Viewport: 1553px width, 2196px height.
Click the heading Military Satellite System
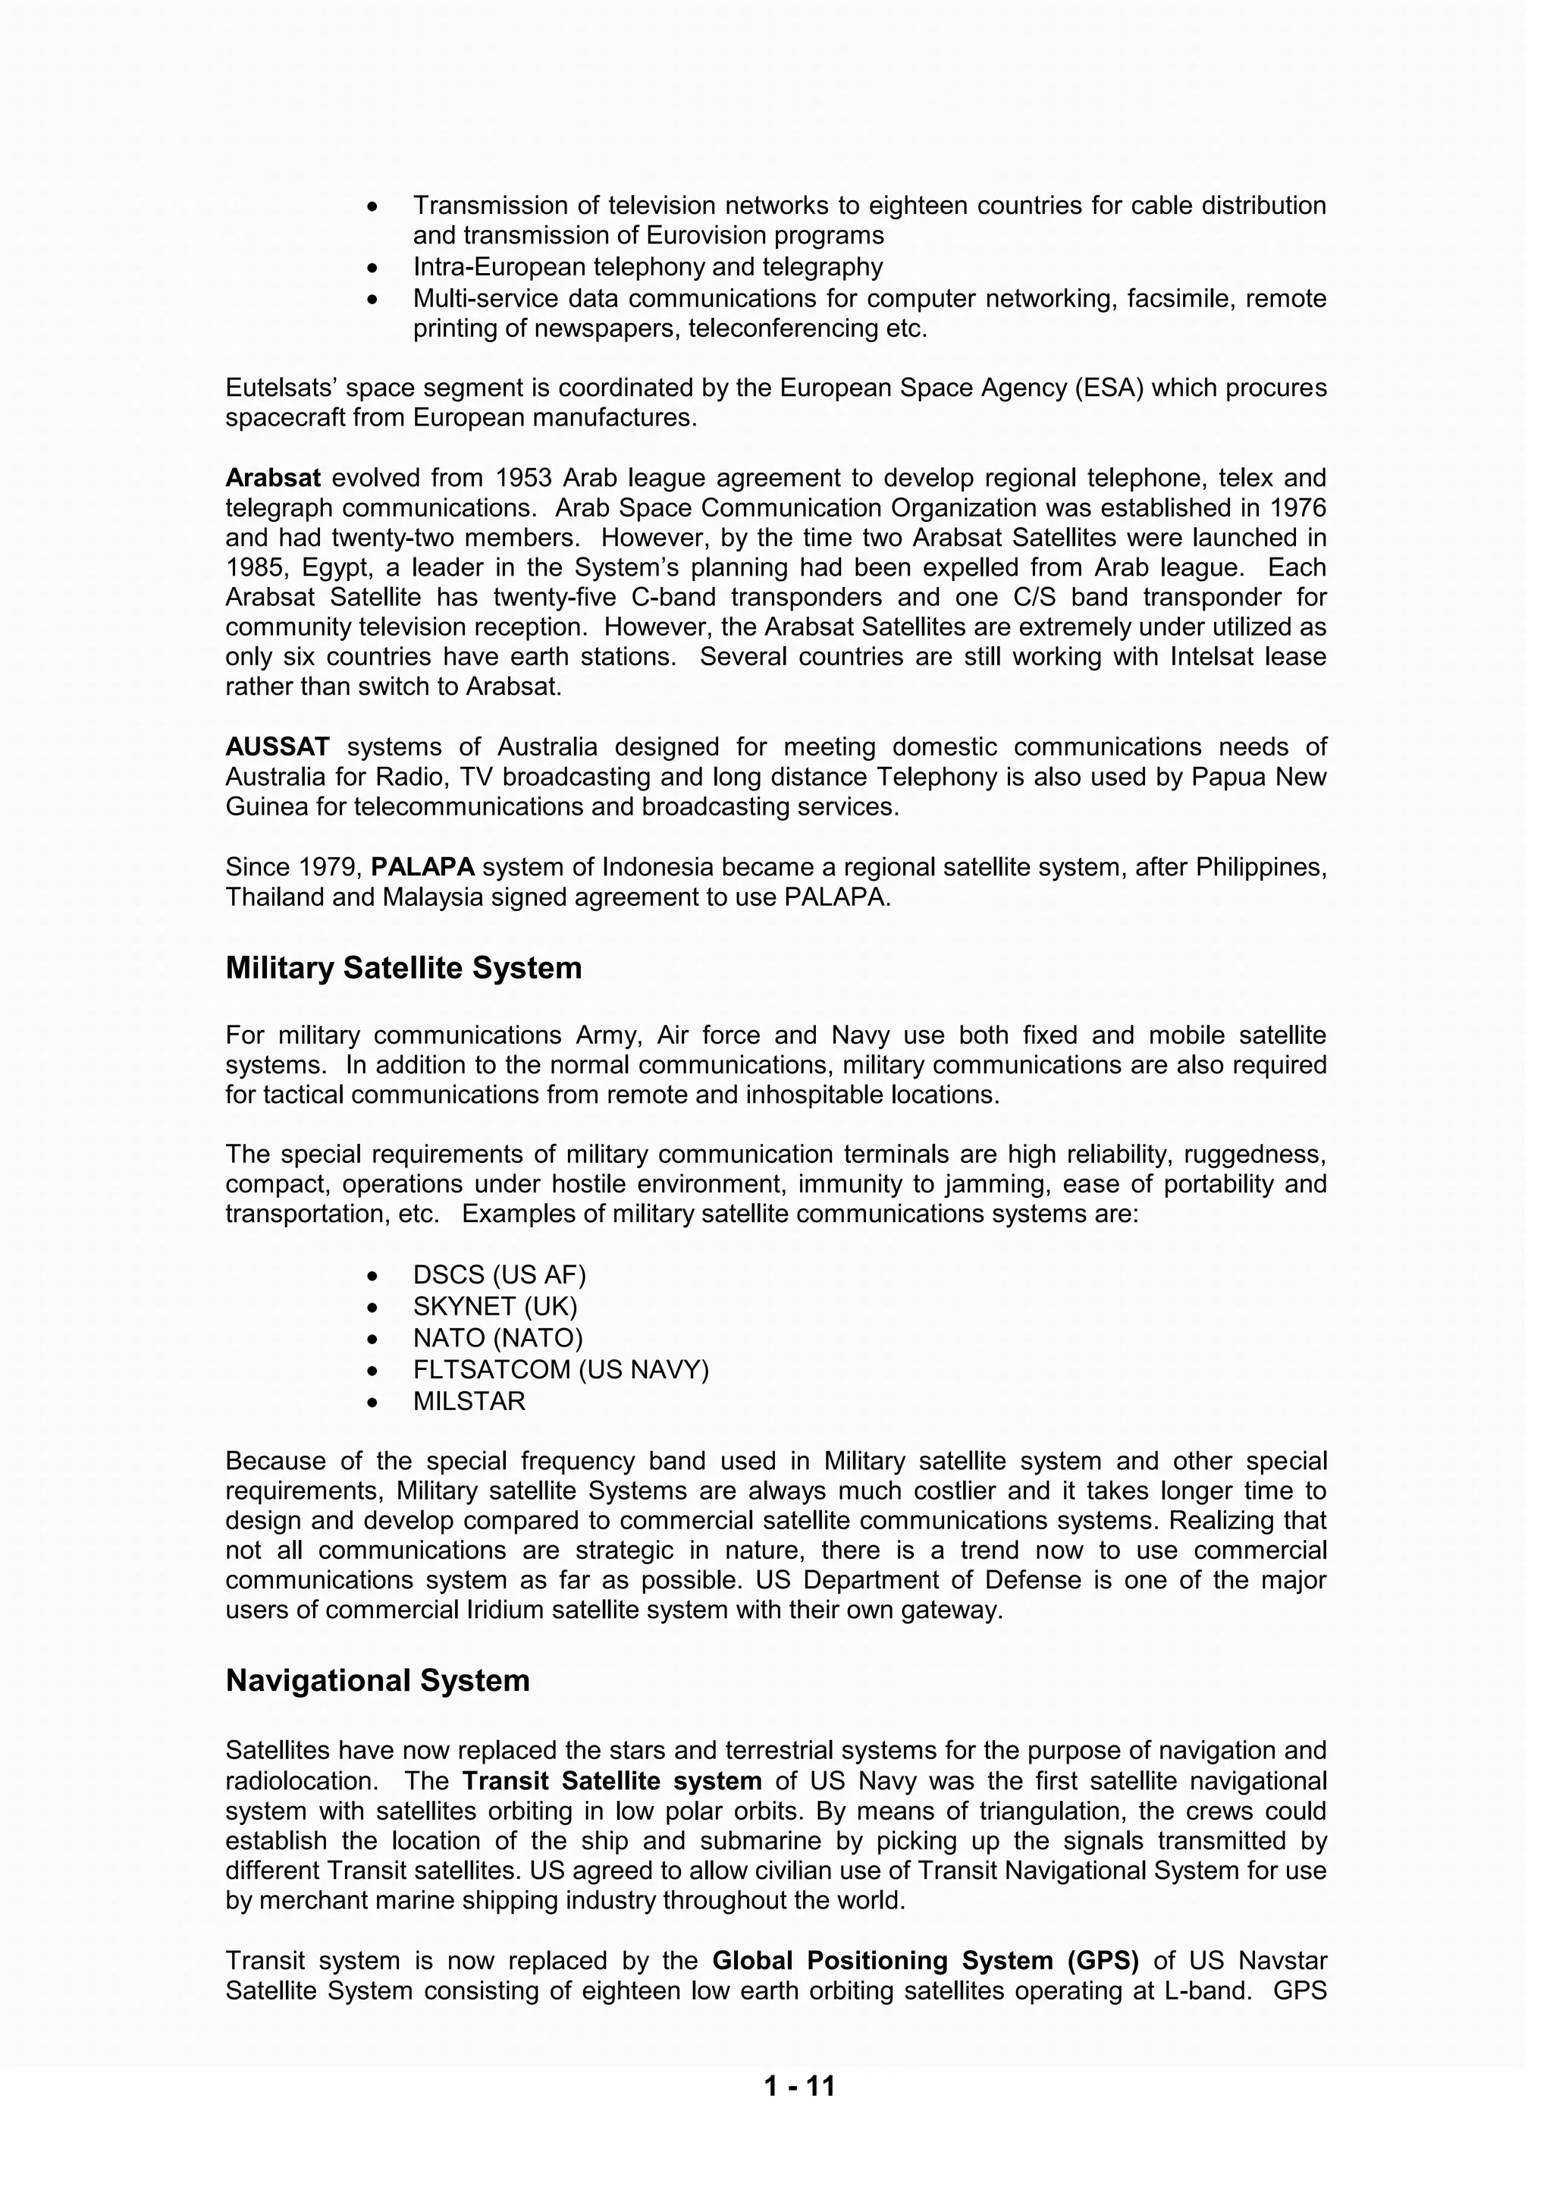pyautogui.click(x=403, y=968)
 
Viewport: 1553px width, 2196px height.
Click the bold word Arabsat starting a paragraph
pyautogui.click(x=272, y=477)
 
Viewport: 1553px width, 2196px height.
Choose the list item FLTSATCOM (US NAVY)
pyautogui.click(x=560, y=1370)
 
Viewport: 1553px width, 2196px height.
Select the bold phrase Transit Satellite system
pyautogui.click(x=612, y=1781)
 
